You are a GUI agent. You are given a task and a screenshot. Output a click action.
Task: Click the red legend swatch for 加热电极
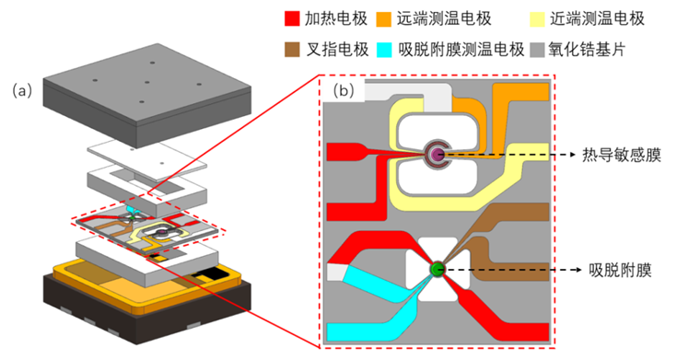pyautogui.click(x=292, y=19)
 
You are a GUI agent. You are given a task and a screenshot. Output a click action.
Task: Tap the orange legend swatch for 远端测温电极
pyautogui.click(x=383, y=19)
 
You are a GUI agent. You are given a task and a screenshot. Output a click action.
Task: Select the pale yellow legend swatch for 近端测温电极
pyautogui.click(x=538, y=19)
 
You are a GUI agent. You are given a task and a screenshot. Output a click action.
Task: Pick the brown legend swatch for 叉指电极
pyautogui.click(x=292, y=50)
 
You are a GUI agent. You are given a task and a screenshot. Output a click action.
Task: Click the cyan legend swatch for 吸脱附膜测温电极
pyautogui.click(x=384, y=50)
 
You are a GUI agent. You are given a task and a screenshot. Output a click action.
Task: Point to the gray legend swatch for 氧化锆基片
pyautogui.click(x=538, y=50)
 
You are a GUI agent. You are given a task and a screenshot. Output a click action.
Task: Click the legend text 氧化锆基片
pyautogui.click(x=587, y=50)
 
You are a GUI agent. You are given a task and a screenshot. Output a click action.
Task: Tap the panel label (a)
pyautogui.click(x=22, y=91)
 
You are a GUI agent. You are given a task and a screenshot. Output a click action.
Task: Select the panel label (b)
pyautogui.click(x=344, y=90)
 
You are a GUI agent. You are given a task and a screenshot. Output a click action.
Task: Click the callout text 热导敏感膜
pyautogui.click(x=622, y=155)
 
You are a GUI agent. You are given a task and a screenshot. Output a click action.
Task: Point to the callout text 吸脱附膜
pyautogui.click(x=621, y=270)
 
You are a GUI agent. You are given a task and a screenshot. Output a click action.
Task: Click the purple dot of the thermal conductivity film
pyautogui.click(x=438, y=154)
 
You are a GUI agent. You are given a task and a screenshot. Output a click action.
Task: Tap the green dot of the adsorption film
pyautogui.click(x=438, y=270)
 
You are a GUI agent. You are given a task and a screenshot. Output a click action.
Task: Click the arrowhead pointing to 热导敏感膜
pyautogui.click(x=573, y=154)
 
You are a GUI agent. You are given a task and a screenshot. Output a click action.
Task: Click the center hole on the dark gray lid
pyautogui.click(x=147, y=82)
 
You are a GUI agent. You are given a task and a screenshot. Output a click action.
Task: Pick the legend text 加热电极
pyautogui.click(x=336, y=19)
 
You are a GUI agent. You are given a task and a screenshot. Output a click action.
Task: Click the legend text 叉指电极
pyautogui.click(x=338, y=50)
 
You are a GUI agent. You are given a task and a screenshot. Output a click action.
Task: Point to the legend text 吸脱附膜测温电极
pyautogui.click(x=461, y=50)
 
